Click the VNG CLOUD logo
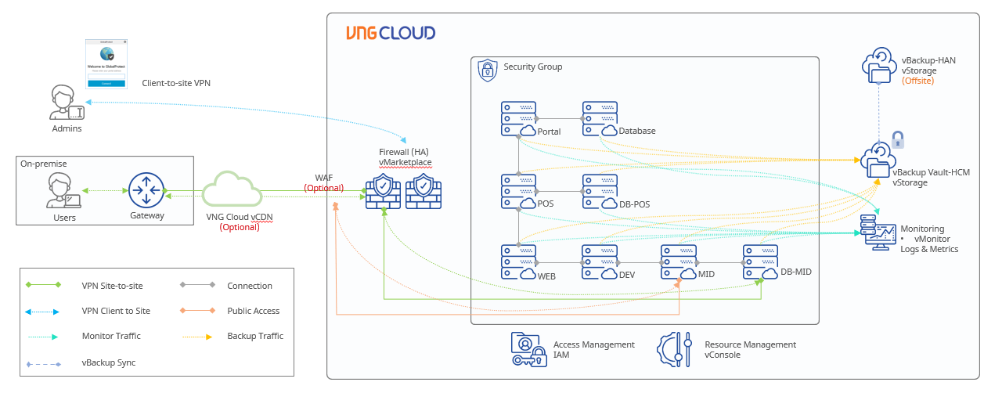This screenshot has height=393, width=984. point(391,33)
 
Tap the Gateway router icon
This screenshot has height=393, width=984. point(146,190)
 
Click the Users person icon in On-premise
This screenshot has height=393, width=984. point(63,191)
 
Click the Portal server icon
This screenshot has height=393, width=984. point(518,117)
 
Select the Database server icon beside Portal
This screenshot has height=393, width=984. point(600,117)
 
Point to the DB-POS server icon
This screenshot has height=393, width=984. point(600,191)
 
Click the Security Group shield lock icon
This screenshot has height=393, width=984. point(487,70)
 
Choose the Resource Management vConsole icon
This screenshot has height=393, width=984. point(676,349)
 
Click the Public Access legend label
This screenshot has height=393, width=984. point(254,311)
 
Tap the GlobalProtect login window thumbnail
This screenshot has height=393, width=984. point(106,64)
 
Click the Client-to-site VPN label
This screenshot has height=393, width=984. point(176,83)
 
